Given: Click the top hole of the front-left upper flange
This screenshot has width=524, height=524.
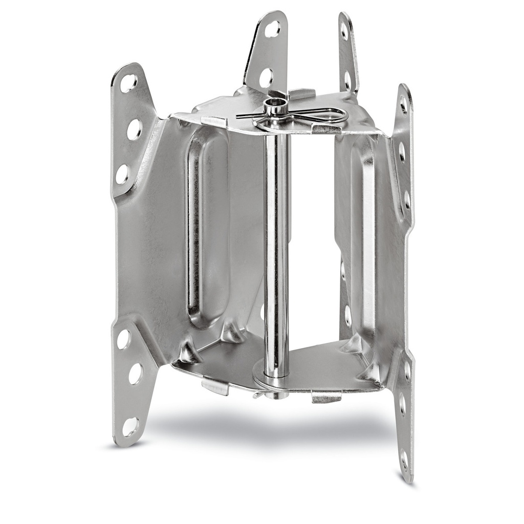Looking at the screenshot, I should [128, 83].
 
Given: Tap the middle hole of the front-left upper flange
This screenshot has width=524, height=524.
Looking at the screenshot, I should [134, 129].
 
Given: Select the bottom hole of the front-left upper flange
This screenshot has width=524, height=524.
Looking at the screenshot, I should [123, 174].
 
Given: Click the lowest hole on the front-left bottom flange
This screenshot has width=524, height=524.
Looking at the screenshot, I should [130, 426].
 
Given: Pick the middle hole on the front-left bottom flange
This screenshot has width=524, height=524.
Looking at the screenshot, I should [135, 374].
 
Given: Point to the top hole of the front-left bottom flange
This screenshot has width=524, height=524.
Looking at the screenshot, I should [123, 339].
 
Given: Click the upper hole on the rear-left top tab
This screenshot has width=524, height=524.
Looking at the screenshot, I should [272, 29].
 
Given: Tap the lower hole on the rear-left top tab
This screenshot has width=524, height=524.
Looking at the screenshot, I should [266, 78].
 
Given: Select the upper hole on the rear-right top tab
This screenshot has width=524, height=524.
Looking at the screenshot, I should [344, 31].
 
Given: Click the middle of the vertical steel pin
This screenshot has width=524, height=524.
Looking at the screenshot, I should [276, 246].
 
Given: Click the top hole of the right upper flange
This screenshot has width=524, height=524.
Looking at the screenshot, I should [403, 105].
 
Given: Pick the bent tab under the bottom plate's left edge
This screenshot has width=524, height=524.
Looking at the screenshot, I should [215, 386].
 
